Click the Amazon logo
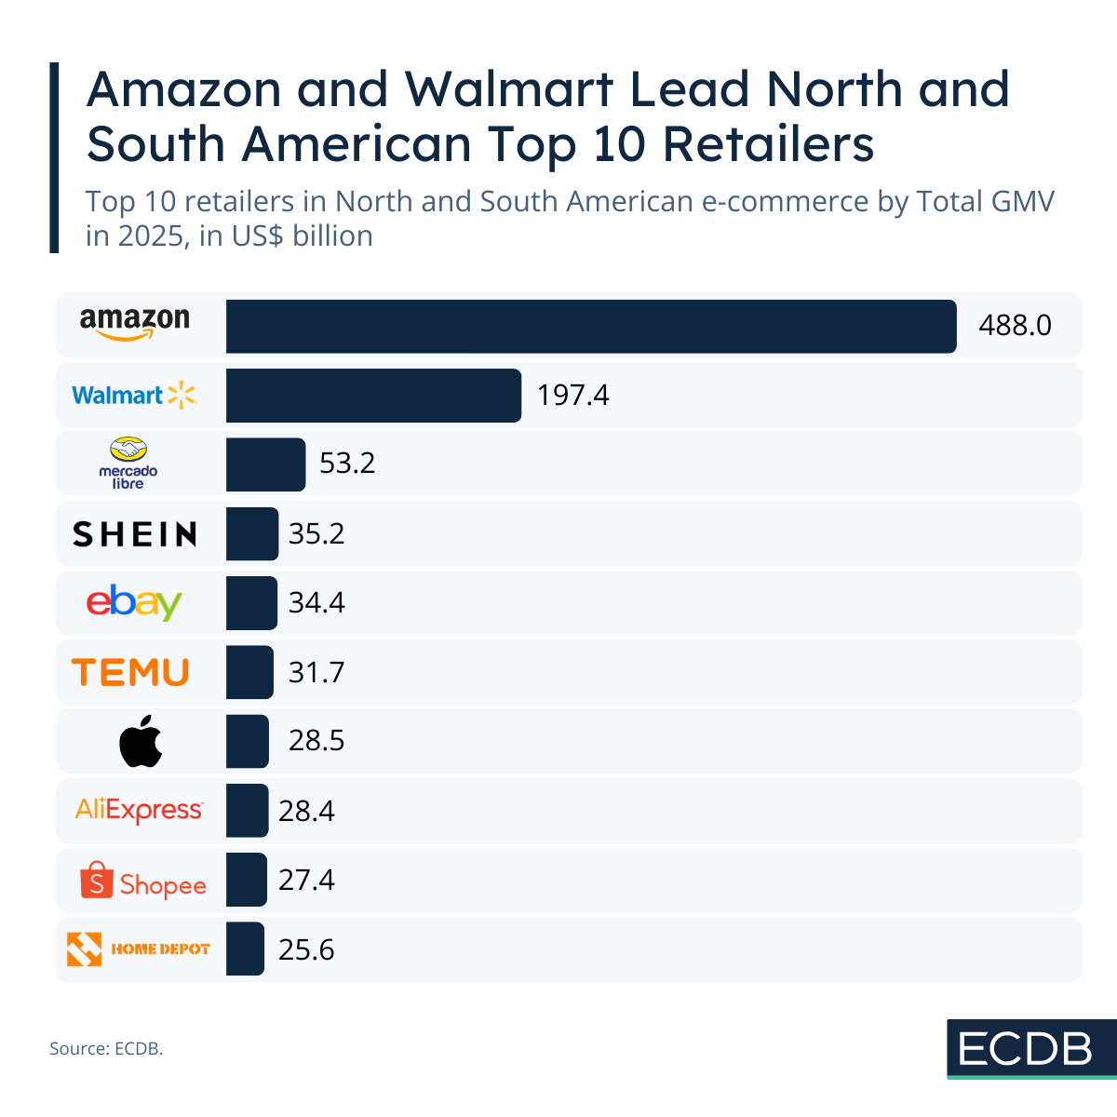(x=135, y=324)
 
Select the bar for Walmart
(x=373, y=395)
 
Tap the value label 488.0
(x=1015, y=325)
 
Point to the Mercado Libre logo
(x=128, y=463)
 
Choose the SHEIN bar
(x=251, y=533)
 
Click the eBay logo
(x=134, y=602)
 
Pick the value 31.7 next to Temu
(x=316, y=671)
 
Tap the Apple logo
(x=141, y=741)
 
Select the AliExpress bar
(x=247, y=810)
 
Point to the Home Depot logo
(x=139, y=949)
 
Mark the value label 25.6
(x=306, y=949)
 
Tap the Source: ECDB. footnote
(x=106, y=1048)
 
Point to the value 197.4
(x=572, y=395)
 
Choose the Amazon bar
(x=590, y=326)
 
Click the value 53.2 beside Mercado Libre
(x=347, y=463)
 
